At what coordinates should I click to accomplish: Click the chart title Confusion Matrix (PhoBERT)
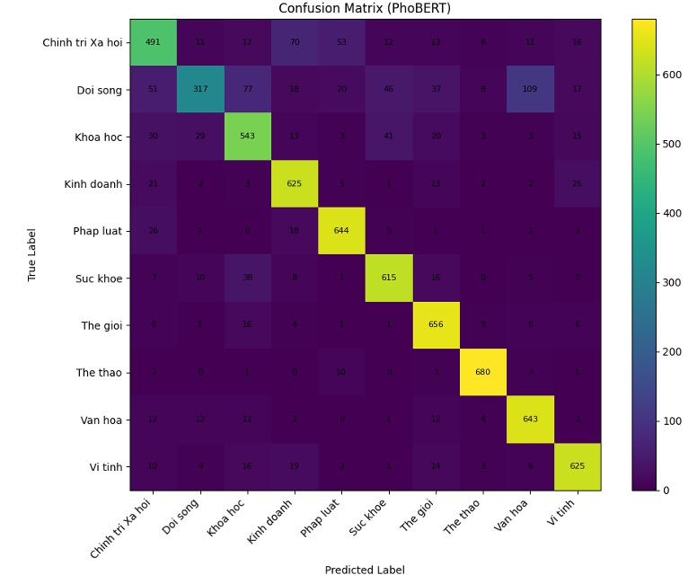click(x=365, y=9)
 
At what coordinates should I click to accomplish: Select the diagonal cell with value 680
click(x=482, y=372)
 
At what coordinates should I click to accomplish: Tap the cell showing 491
click(x=153, y=42)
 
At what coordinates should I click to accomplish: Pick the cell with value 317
click(x=200, y=89)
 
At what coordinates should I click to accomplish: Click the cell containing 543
click(x=247, y=137)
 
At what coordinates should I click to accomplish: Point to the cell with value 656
click(x=436, y=325)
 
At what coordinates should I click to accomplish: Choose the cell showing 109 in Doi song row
click(x=530, y=89)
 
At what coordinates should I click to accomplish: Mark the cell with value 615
click(x=388, y=278)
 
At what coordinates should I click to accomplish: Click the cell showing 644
click(x=341, y=231)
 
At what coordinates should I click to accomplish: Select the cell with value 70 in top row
click(x=294, y=42)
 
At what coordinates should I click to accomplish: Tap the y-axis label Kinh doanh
click(x=93, y=184)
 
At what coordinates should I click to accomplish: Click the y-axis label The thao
click(x=99, y=373)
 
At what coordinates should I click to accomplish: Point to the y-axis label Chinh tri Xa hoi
click(x=82, y=42)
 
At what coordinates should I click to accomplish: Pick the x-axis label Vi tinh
click(x=563, y=518)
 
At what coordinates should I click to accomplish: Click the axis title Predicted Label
click(x=365, y=571)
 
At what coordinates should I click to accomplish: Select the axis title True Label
click(x=32, y=254)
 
